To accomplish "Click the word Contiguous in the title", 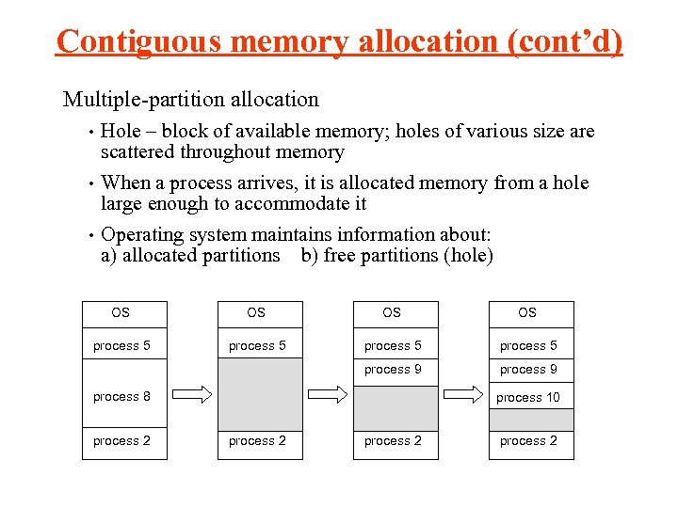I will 138,42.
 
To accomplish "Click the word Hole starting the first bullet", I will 121,132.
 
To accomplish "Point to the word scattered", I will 137,152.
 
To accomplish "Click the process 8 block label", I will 121,397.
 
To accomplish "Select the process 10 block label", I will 528,398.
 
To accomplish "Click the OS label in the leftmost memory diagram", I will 121,313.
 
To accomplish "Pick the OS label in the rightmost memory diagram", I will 527,313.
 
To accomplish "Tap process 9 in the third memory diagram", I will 393,370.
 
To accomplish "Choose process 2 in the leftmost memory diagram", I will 121,441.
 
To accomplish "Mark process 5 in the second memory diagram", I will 257,346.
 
